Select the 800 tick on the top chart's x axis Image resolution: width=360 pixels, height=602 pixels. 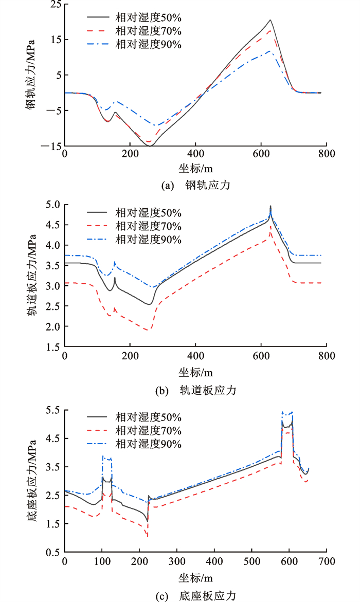327,153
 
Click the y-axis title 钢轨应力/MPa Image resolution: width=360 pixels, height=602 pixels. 30,76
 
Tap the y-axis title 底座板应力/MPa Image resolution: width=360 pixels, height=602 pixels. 30,481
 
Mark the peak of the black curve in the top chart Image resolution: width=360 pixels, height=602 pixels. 270,20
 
